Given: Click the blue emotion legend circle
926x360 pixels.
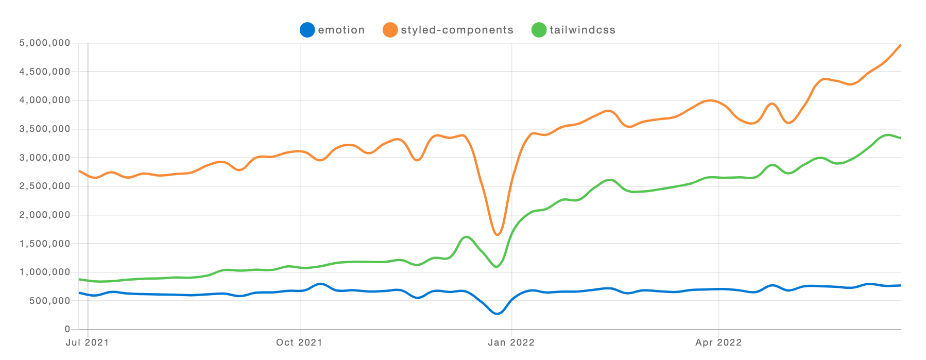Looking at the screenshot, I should [307, 30].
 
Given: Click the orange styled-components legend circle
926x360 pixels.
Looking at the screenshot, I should [390, 30].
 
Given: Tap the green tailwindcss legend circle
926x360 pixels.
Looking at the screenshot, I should [538, 30].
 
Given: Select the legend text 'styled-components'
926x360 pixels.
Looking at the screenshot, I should [457, 30].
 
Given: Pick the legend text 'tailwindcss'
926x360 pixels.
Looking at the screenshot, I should [582, 30].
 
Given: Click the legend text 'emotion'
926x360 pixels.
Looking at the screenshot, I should [341, 30].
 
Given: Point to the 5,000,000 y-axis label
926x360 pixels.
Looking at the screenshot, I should [45, 43].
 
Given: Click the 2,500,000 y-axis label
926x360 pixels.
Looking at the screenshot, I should [45, 186].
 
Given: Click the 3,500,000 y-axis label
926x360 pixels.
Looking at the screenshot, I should [45, 129].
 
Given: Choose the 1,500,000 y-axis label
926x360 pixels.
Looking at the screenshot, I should [45, 244].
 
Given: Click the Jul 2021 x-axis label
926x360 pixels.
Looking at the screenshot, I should [87, 342].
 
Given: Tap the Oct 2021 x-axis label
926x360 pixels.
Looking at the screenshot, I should [299, 342].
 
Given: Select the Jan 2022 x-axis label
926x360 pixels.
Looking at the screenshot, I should [511, 342].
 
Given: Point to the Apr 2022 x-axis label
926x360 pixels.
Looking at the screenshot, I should [718, 342].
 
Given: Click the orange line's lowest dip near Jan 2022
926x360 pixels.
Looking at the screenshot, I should [498, 235].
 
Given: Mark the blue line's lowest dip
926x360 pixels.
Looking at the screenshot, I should [497, 314].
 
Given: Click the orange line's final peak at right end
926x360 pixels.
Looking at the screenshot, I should [900, 45].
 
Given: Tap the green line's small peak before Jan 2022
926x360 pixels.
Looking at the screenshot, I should [467, 237].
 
